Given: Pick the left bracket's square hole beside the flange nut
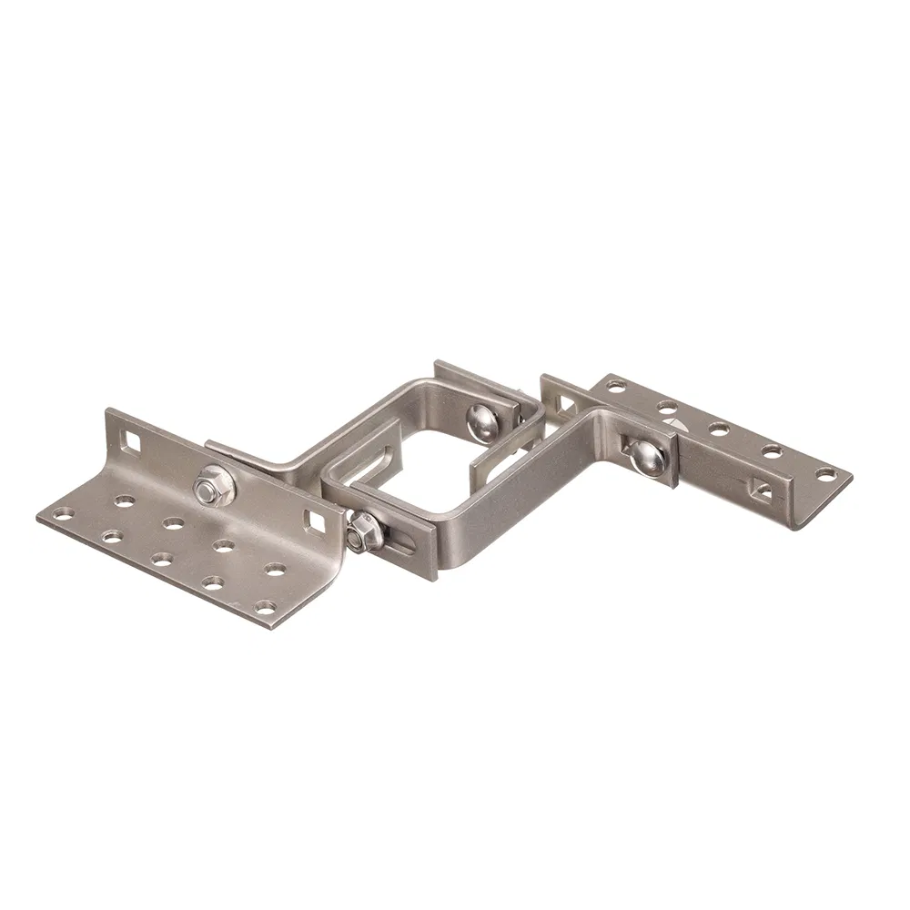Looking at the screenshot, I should click(x=318, y=521).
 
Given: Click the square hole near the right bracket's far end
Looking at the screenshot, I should click(x=763, y=490).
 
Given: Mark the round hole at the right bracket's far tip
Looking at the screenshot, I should click(x=824, y=474).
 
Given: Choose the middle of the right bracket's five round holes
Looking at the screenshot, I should click(x=719, y=428).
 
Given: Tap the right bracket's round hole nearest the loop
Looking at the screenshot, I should click(x=617, y=385).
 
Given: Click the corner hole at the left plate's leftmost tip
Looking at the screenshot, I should click(x=62, y=514).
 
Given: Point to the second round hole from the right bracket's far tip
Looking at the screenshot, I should click(x=772, y=450).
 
